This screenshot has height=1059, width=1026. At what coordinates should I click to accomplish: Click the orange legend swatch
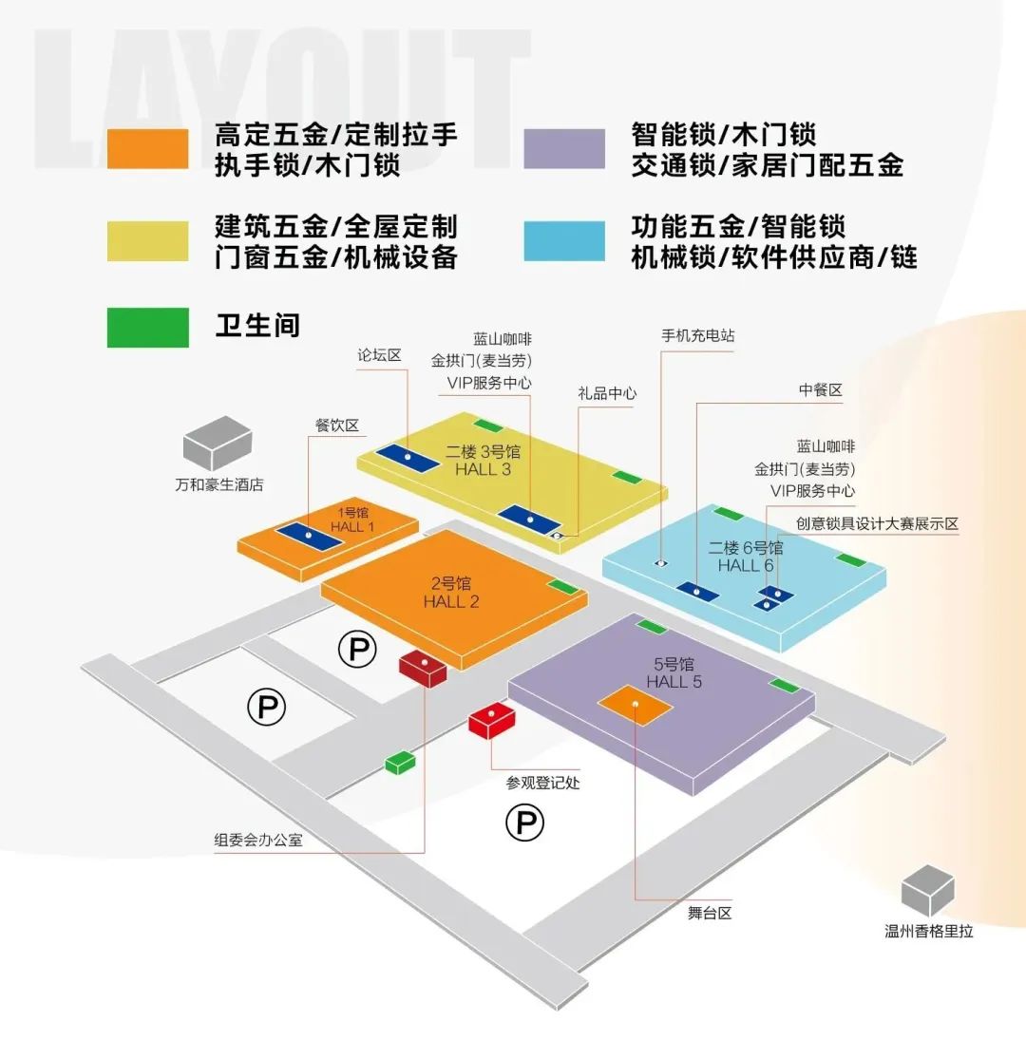[147, 149]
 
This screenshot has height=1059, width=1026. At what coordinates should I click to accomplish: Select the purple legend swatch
[564, 149]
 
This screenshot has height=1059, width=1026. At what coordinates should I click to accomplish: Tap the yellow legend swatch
[147, 240]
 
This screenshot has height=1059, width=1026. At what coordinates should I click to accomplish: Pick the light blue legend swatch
[564, 240]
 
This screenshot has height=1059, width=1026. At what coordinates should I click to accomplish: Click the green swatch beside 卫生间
[147, 327]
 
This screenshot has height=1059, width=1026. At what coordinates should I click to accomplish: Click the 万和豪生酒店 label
[218, 484]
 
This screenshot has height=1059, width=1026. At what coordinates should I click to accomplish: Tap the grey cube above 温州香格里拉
[927, 890]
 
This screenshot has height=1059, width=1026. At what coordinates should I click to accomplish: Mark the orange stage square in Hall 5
[635, 705]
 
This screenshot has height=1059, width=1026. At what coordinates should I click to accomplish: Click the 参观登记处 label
[542, 784]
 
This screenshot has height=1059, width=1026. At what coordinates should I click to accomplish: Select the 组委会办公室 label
[257, 840]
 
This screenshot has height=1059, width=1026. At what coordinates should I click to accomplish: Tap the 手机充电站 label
[698, 336]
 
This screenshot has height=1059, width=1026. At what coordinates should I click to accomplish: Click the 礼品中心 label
[606, 393]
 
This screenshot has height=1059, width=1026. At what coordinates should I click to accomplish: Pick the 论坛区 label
[380, 355]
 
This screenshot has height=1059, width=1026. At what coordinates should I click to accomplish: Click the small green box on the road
[400, 762]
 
